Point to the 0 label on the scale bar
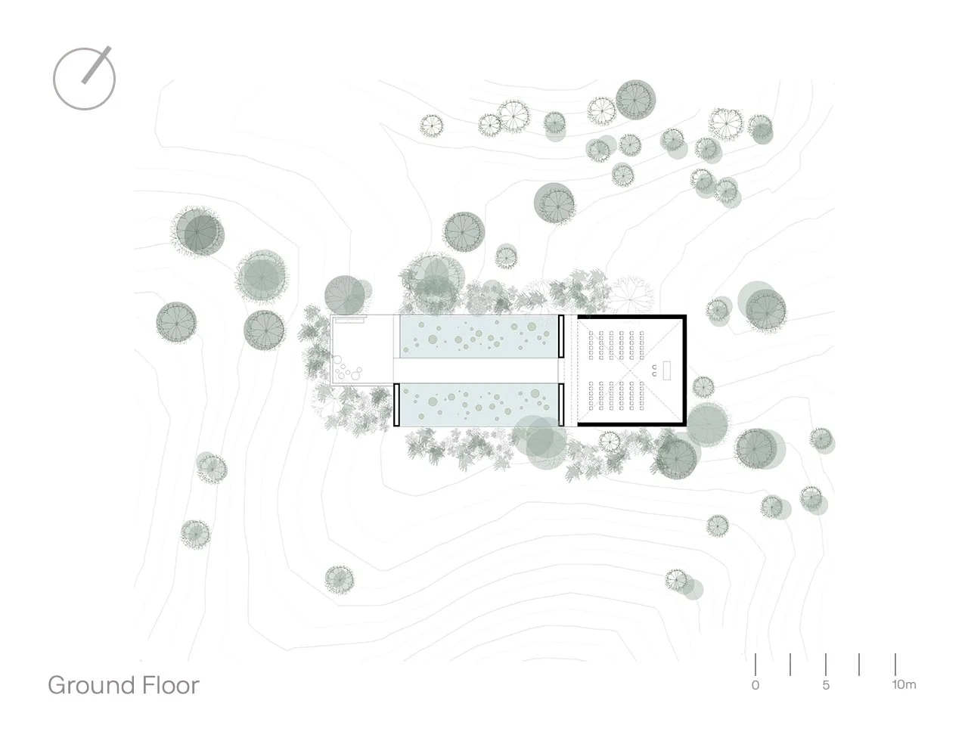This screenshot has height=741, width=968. (755, 686)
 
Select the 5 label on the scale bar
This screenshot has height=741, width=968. (826, 686)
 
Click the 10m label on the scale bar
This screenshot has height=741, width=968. (903, 686)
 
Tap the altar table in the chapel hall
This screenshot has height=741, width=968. (669, 370)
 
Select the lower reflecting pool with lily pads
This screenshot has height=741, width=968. (478, 405)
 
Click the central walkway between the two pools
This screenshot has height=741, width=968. (478, 370)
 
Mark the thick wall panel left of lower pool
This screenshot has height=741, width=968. (396, 405)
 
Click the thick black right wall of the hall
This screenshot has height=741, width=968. (684, 370)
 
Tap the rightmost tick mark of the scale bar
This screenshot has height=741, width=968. (895, 664)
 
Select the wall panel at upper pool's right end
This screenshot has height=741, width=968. (560, 336)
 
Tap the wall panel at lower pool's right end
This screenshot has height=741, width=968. (560, 405)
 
